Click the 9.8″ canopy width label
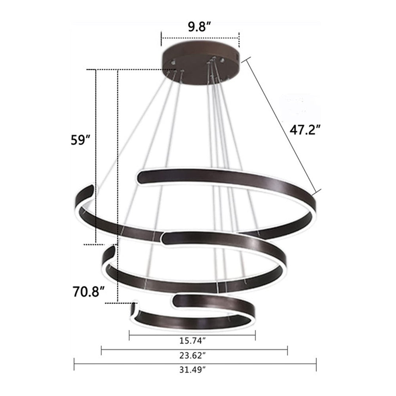click(x=199, y=28)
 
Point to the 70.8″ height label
click(x=89, y=291)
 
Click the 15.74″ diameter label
click(x=192, y=340)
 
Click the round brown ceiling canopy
click(x=200, y=63)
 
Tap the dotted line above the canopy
click(x=200, y=38)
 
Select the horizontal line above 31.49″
click(x=195, y=364)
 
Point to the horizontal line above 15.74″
click(x=192, y=335)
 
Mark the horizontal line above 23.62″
click(x=194, y=349)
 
